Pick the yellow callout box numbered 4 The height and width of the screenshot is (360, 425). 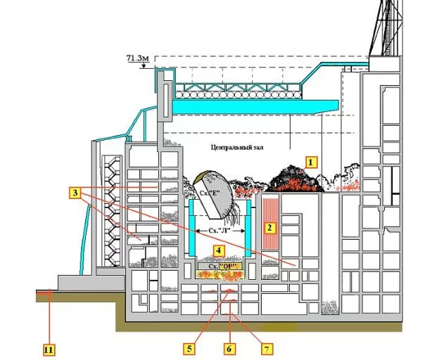[x=220, y=250]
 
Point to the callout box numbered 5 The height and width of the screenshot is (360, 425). [x=190, y=347]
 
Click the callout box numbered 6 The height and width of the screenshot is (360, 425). [x=227, y=347]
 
